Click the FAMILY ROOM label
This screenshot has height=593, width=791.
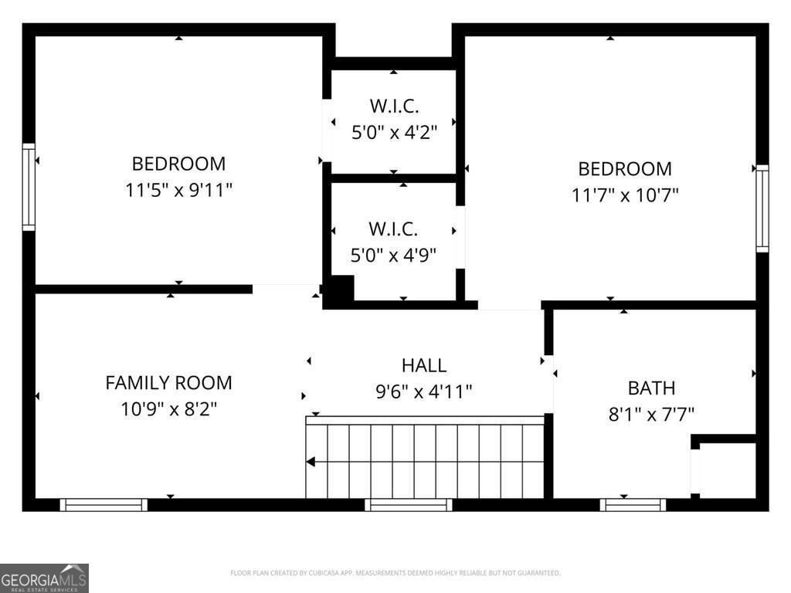(168, 382)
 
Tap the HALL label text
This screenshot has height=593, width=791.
(423, 365)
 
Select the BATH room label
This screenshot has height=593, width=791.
(651, 388)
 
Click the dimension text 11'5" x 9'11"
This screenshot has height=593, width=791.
(178, 190)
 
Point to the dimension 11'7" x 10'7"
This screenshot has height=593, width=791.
(625, 195)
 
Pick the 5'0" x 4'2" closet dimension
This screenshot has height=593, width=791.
(394, 132)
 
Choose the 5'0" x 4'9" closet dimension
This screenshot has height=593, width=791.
(393, 255)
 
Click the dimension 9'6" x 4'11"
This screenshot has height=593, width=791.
(423, 391)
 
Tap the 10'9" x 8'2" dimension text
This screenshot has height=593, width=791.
(168, 408)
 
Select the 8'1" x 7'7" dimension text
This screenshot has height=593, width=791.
(651, 414)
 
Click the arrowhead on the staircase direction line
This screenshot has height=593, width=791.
(311, 462)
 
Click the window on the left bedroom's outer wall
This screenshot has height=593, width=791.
(29, 187)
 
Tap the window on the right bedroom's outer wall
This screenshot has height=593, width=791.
(762, 208)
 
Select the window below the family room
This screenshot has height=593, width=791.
(104, 505)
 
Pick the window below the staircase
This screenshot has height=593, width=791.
(408, 505)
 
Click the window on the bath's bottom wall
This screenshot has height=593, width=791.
(633, 505)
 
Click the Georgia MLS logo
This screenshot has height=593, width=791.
(44, 578)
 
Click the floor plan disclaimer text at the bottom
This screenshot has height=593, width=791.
(395, 573)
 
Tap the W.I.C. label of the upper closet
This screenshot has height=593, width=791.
(394, 107)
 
